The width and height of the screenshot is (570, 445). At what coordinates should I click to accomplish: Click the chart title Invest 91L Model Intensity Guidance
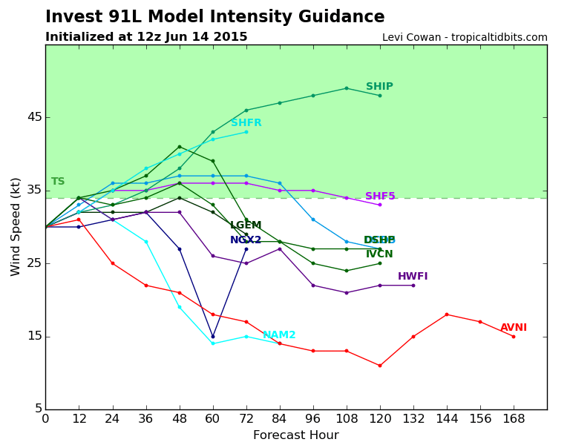(x=214, y=17)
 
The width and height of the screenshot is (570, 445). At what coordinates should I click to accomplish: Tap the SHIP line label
(x=379, y=87)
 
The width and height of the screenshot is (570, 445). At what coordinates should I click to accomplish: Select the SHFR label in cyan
(x=246, y=123)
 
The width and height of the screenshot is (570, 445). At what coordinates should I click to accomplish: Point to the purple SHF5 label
(x=380, y=197)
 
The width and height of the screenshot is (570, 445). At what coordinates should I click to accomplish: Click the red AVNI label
(x=514, y=328)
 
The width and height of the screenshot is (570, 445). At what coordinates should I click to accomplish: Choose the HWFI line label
(x=413, y=277)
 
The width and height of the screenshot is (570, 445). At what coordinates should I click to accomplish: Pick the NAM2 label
(x=279, y=335)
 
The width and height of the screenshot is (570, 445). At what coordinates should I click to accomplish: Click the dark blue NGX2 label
(x=246, y=240)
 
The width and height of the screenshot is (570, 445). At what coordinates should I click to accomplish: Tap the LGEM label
(x=246, y=225)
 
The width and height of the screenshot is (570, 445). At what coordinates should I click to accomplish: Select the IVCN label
(x=379, y=254)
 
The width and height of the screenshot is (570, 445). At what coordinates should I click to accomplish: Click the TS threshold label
(x=58, y=182)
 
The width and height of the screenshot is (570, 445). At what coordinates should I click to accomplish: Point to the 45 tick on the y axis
(x=35, y=117)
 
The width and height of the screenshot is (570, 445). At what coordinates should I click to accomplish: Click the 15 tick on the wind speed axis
(x=35, y=337)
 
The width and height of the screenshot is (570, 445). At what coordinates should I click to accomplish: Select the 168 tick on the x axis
(x=514, y=419)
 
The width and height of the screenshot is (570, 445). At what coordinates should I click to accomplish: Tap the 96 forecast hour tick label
(x=312, y=419)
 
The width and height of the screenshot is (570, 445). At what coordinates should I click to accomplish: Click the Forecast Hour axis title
(x=295, y=435)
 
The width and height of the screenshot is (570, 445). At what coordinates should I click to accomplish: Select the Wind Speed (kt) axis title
(x=16, y=226)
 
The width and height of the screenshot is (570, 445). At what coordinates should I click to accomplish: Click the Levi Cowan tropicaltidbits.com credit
(x=465, y=38)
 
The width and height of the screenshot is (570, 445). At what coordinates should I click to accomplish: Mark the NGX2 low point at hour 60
(x=213, y=337)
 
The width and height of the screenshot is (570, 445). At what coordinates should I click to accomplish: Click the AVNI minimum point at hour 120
(x=380, y=366)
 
